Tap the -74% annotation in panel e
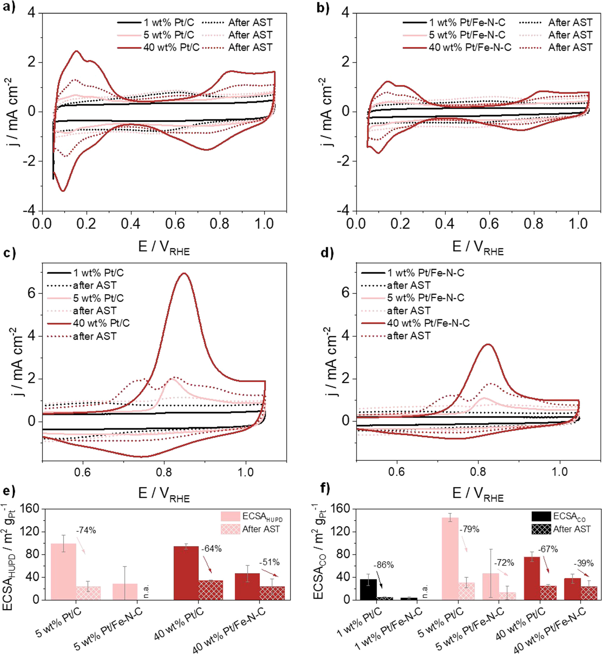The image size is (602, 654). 86,530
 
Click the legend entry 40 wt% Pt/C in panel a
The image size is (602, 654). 171,48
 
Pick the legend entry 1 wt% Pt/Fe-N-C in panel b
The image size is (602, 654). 467,22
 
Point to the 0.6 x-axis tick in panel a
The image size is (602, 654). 175,224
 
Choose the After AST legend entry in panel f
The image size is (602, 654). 572,529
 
